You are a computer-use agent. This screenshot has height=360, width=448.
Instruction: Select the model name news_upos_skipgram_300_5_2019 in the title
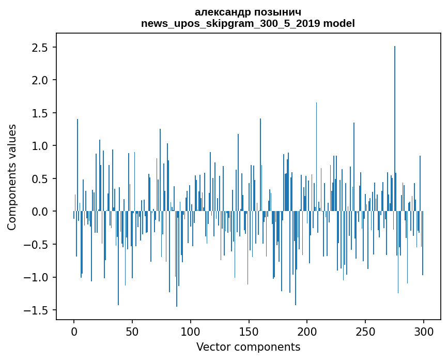231,23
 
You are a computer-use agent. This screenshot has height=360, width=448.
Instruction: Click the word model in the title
339,23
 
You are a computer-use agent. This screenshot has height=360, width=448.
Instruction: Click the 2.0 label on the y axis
40,80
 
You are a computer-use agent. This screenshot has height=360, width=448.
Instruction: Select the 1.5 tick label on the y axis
40,113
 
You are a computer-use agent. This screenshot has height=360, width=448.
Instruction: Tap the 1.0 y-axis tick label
40,146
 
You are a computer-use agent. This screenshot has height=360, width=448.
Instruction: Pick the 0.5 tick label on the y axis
40,179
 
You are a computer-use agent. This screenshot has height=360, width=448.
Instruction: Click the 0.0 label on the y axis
40,212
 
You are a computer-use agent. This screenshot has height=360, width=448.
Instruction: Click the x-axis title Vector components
248,347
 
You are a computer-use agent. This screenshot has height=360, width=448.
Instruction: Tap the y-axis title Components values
12,177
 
